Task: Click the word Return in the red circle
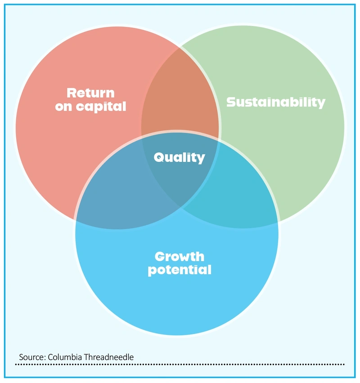pos(90,93)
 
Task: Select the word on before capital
pos(63,107)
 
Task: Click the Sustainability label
pos(275,102)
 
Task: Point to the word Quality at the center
pos(179,157)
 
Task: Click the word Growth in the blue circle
pos(180,257)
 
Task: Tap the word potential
pos(180,270)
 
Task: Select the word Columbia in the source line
pos(65,357)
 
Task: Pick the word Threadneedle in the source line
pos(108,357)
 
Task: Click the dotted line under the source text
pos(180,365)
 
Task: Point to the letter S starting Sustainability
pos(231,102)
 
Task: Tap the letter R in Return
pos(72,93)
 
